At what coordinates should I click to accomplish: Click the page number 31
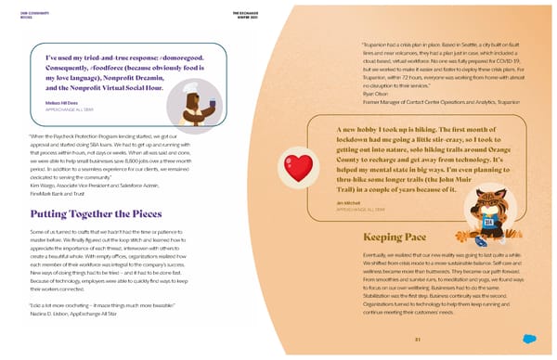tap(418, 339)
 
